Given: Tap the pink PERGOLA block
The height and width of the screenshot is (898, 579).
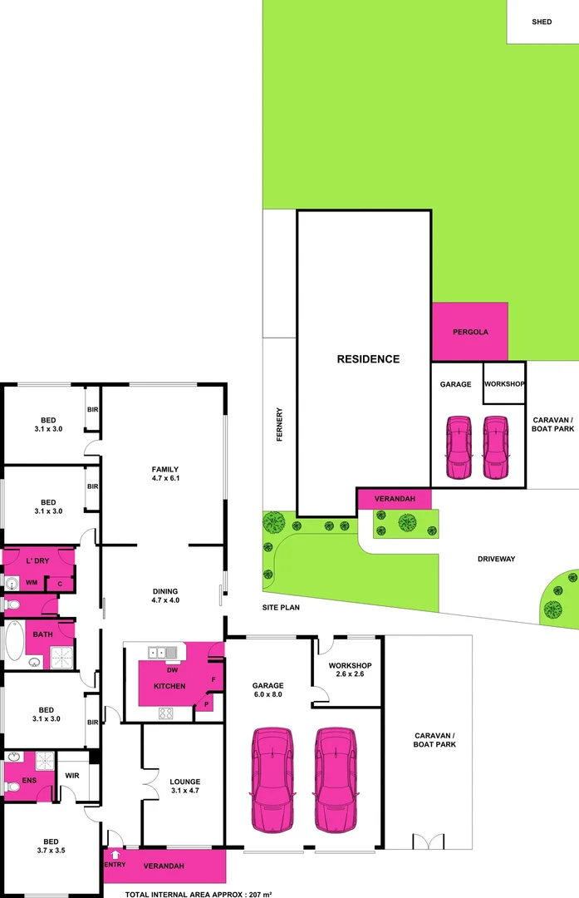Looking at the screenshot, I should point(469,332).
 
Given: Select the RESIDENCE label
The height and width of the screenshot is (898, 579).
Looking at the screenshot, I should point(368,359).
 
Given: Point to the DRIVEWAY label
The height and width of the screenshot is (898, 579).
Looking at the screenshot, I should point(496,559).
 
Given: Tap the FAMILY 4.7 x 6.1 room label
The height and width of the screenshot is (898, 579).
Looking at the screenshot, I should point(164,474).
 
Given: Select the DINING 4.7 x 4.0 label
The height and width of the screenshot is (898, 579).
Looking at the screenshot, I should point(165,595).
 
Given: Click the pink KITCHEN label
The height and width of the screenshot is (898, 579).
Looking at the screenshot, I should point(169,686).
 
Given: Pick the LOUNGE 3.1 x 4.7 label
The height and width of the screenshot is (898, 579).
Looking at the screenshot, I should point(184,787).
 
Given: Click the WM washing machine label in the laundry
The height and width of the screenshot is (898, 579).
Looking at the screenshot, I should point(31,583).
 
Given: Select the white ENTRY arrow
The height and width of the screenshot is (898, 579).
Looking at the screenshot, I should point(114,853).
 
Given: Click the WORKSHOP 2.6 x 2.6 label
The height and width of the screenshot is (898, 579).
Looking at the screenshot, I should point(349,670).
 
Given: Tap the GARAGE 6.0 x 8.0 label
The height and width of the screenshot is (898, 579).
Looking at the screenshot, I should point(267,690).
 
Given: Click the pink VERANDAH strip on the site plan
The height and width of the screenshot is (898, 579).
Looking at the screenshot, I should point(394,499).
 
